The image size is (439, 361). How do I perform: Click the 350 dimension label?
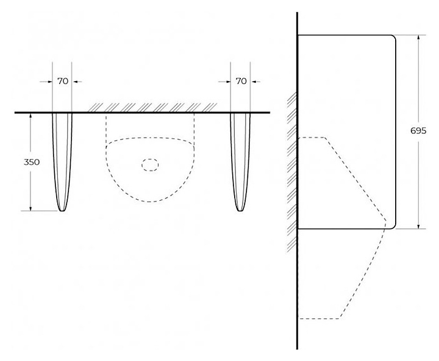32,163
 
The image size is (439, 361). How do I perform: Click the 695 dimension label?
419,131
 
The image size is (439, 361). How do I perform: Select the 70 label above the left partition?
62,81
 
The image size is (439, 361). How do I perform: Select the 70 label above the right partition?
241,81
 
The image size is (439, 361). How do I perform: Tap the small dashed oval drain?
150,164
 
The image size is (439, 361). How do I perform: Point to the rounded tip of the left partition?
62,210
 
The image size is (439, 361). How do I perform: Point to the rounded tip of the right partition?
241,210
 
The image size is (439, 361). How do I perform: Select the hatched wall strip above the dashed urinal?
152,107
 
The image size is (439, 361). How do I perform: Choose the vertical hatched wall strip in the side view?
292,170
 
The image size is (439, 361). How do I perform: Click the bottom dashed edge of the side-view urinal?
319,318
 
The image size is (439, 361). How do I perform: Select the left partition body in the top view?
62,158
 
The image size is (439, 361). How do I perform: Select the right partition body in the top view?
241,158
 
